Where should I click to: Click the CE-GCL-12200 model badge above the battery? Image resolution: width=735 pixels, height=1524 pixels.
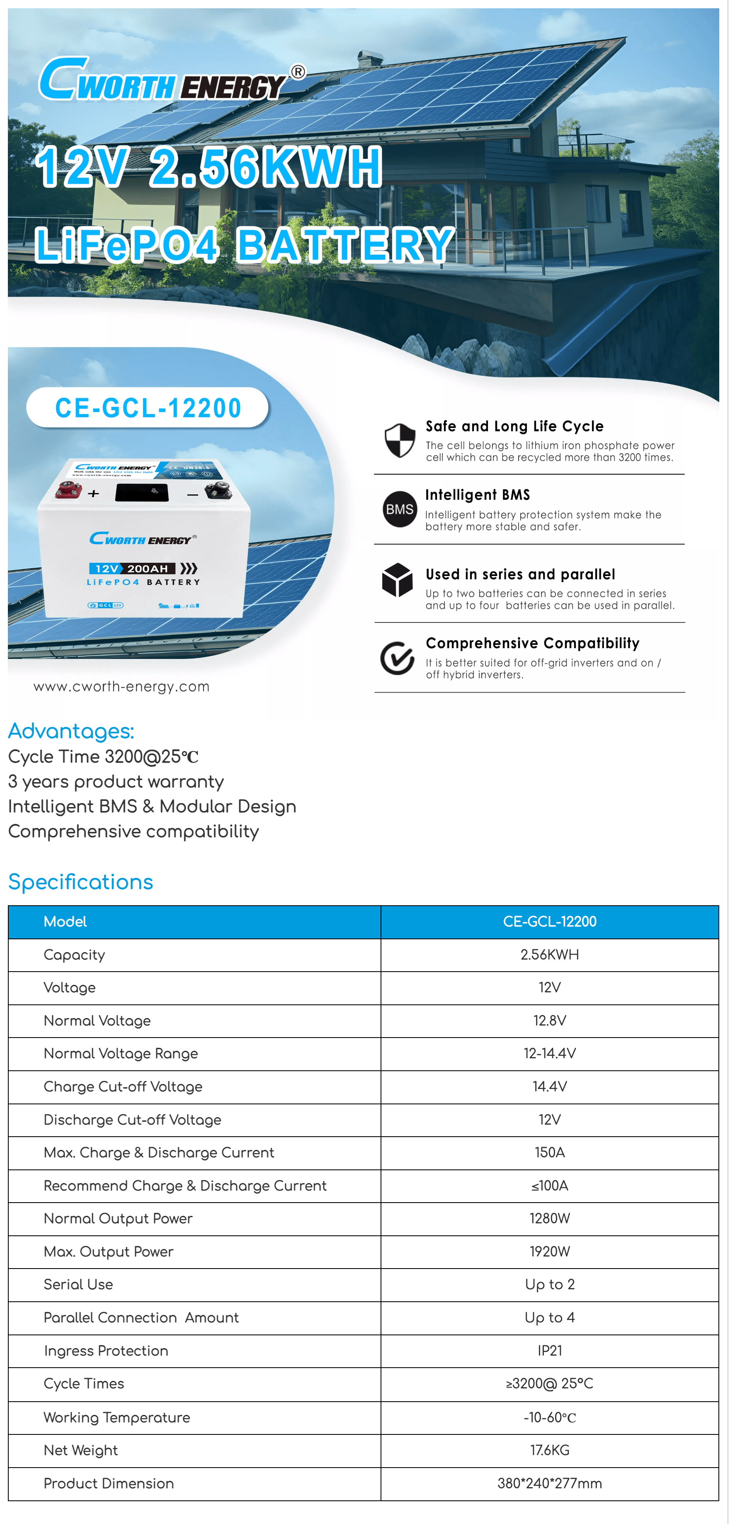tap(148, 408)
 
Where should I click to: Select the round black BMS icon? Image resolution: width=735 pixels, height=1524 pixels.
tap(400, 509)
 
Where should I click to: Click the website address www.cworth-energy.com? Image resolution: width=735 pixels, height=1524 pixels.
tap(121, 686)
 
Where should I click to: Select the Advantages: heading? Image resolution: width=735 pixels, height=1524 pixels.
tap(71, 731)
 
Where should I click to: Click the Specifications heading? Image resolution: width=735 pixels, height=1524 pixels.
tap(80, 882)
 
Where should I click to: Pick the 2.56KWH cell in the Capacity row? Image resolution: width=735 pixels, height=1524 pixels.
tap(549, 954)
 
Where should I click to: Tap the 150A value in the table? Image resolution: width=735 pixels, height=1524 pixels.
tap(549, 1152)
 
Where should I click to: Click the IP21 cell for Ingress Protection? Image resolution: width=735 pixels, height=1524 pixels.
tap(549, 1351)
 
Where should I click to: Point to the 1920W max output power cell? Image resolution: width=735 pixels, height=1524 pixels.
tap(549, 1251)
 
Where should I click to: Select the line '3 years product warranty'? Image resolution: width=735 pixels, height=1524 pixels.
tap(116, 782)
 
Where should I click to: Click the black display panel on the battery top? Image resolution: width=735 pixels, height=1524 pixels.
tap(142, 492)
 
